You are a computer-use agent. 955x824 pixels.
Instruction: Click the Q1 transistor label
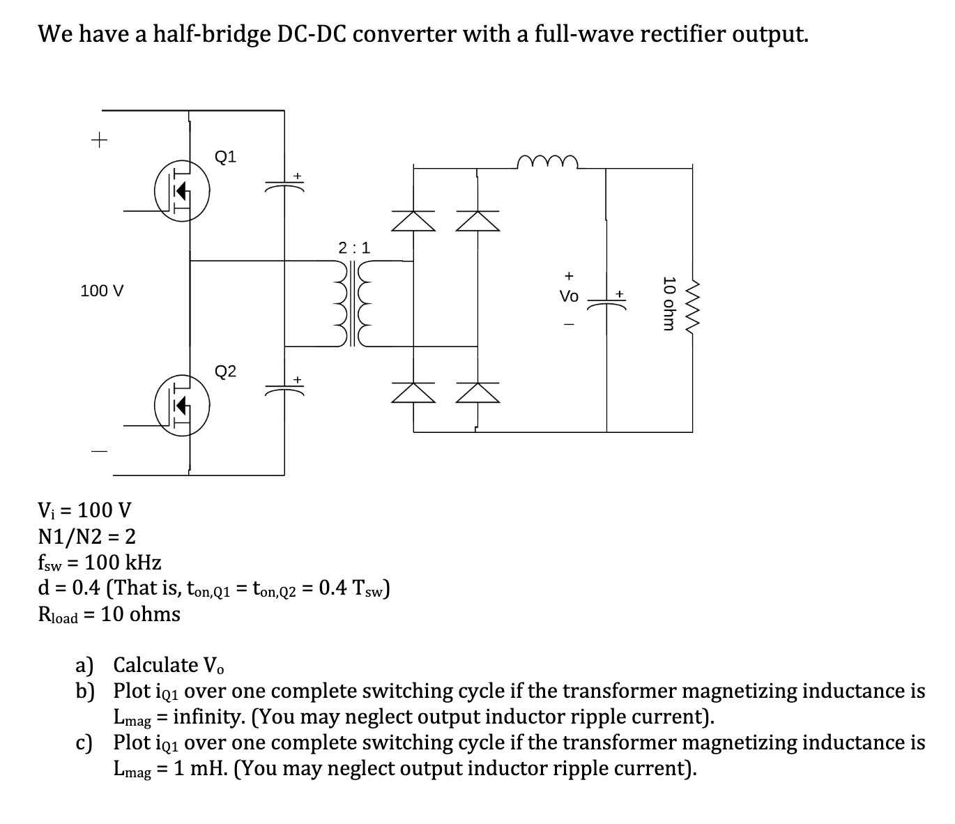225,156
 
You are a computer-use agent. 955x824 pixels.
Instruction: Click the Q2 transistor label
225,371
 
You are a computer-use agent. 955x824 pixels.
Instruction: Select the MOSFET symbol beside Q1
181,190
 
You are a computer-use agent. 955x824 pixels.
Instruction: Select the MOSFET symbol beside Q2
181,405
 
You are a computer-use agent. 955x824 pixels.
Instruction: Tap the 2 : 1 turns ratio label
354,247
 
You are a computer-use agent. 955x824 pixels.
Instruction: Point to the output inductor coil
548,162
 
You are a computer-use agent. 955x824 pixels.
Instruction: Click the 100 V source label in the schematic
102,291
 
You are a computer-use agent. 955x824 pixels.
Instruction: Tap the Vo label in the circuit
569,296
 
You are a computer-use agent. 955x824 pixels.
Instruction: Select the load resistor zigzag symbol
692,304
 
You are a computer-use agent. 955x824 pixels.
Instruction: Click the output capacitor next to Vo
607,302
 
